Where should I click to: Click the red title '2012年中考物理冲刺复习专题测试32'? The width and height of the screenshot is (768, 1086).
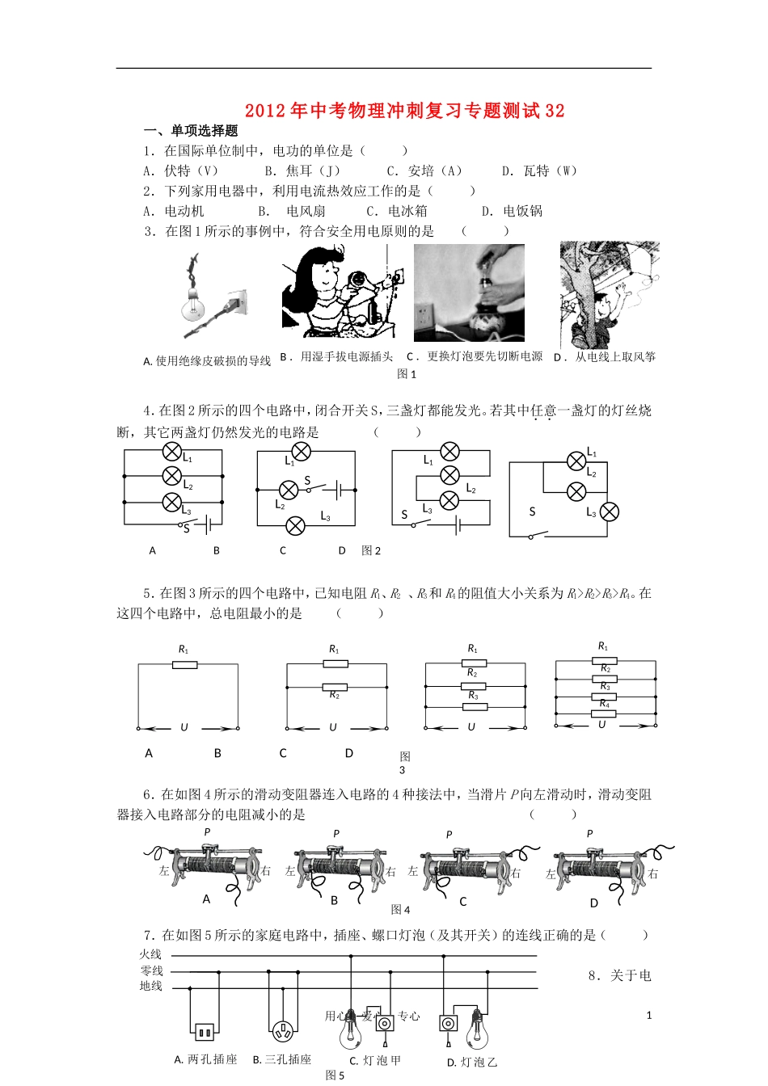tap(404, 111)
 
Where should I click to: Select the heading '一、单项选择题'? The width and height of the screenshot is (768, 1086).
tap(191, 131)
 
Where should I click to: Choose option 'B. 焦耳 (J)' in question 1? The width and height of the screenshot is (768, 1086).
tap(302, 170)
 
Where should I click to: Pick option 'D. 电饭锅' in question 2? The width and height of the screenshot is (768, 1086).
tap(512, 211)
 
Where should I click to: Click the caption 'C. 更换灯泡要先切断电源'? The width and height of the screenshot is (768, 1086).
tap(475, 356)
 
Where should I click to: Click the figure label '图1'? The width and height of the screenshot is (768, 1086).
tap(407, 373)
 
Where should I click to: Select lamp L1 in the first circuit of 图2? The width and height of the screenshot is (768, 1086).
tap(171, 452)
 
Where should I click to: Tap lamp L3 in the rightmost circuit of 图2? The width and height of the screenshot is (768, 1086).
tap(609, 511)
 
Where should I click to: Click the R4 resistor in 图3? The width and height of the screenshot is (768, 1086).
tap(605, 713)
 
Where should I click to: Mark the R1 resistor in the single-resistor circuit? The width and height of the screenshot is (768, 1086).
tap(186, 664)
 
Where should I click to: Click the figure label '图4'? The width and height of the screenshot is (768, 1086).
tap(400, 910)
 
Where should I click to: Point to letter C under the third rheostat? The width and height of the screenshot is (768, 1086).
tap(463, 902)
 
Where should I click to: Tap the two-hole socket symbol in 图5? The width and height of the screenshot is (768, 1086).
tap(203, 1032)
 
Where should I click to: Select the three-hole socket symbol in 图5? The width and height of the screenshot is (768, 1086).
tap(282, 1031)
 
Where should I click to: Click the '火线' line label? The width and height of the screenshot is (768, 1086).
tap(151, 955)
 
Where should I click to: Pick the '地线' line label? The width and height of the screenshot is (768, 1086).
tap(151, 986)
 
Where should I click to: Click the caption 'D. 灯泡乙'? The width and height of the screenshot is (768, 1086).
tap(472, 1062)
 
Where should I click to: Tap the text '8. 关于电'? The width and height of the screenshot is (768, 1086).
tap(619, 975)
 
